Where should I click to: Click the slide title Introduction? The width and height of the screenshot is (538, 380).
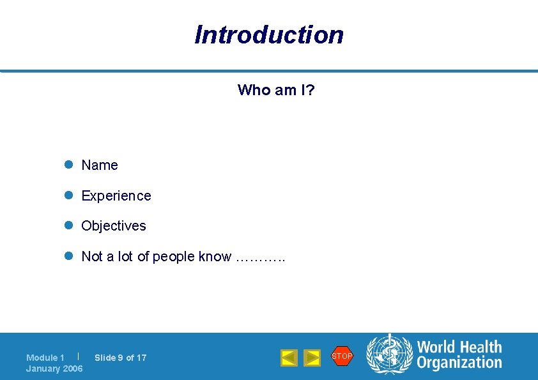[269, 34]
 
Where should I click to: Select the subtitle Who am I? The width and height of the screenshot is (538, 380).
[276, 90]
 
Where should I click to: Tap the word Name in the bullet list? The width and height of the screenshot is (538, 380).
[100, 165]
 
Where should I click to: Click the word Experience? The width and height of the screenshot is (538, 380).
[116, 196]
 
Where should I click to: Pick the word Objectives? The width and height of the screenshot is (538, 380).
[114, 226]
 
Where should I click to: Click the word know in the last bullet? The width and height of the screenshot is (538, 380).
[215, 257]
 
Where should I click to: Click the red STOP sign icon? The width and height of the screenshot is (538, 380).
[342, 356]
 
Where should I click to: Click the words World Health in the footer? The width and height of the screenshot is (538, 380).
[459, 347]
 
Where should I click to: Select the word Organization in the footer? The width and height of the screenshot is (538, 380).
[459, 363]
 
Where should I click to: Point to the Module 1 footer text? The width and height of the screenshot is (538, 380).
[45, 358]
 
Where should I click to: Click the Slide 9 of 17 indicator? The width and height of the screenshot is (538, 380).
[121, 358]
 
